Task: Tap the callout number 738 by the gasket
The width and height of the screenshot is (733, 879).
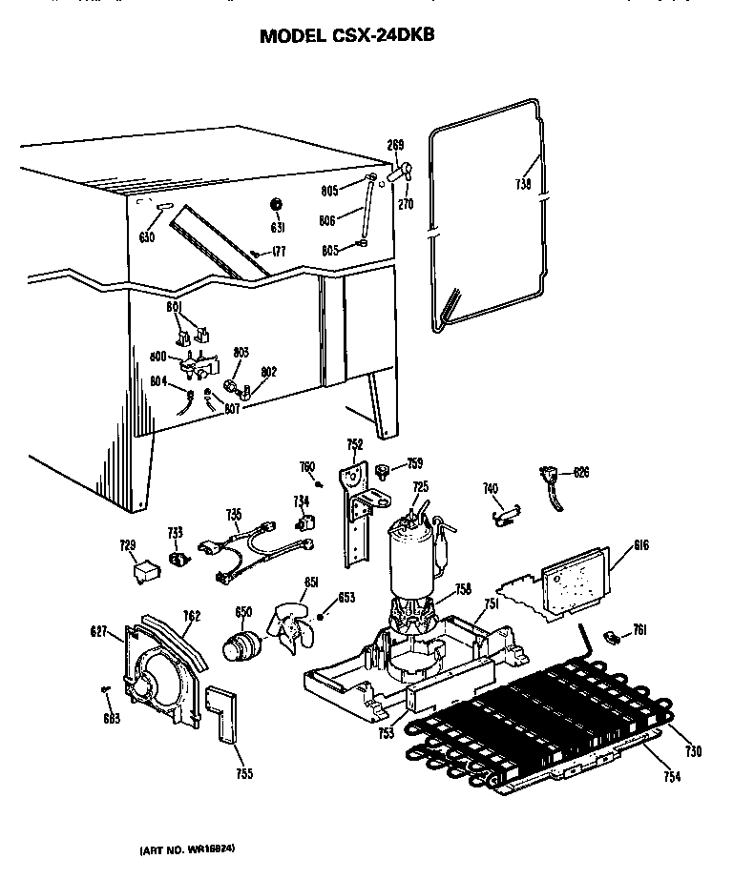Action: pos(523,184)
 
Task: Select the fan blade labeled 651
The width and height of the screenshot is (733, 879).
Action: pos(290,630)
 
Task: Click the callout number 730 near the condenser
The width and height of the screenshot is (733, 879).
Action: pos(693,752)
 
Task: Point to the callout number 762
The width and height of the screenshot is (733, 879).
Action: pos(192,617)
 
